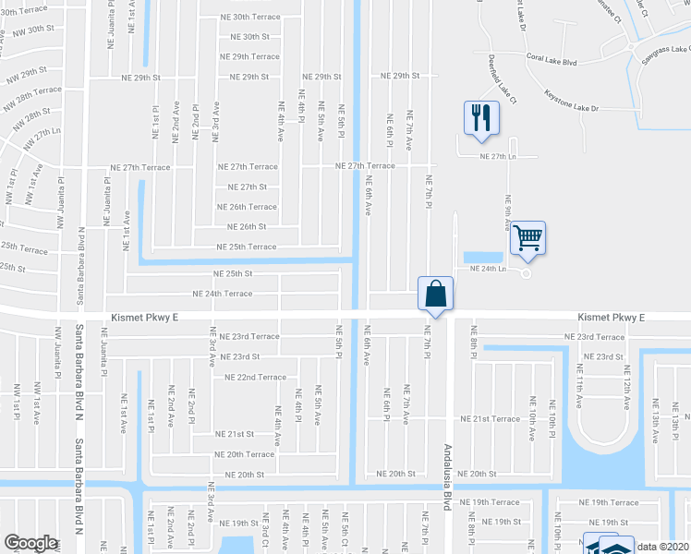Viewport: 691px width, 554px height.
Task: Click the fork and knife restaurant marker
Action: coord(480,118)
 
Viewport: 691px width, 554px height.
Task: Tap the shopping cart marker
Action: coord(527,238)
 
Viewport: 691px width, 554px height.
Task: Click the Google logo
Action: coord(30,543)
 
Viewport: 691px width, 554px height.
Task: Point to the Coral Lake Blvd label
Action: coord(552,63)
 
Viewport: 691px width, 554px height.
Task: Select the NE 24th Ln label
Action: coord(490,268)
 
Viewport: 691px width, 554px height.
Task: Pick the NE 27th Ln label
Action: coord(498,157)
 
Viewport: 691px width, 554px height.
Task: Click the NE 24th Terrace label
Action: coord(222,294)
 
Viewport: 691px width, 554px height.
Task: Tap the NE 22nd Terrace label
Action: coord(249,377)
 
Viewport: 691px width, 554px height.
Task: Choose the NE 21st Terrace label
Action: coord(497,418)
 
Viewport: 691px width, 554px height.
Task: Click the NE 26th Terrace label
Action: coord(247,207)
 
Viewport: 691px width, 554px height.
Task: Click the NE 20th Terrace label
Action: coord(244,454)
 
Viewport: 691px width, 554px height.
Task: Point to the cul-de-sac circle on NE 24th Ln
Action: coord(527,272)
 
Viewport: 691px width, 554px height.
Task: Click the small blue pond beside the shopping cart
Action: coord(486,257)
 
